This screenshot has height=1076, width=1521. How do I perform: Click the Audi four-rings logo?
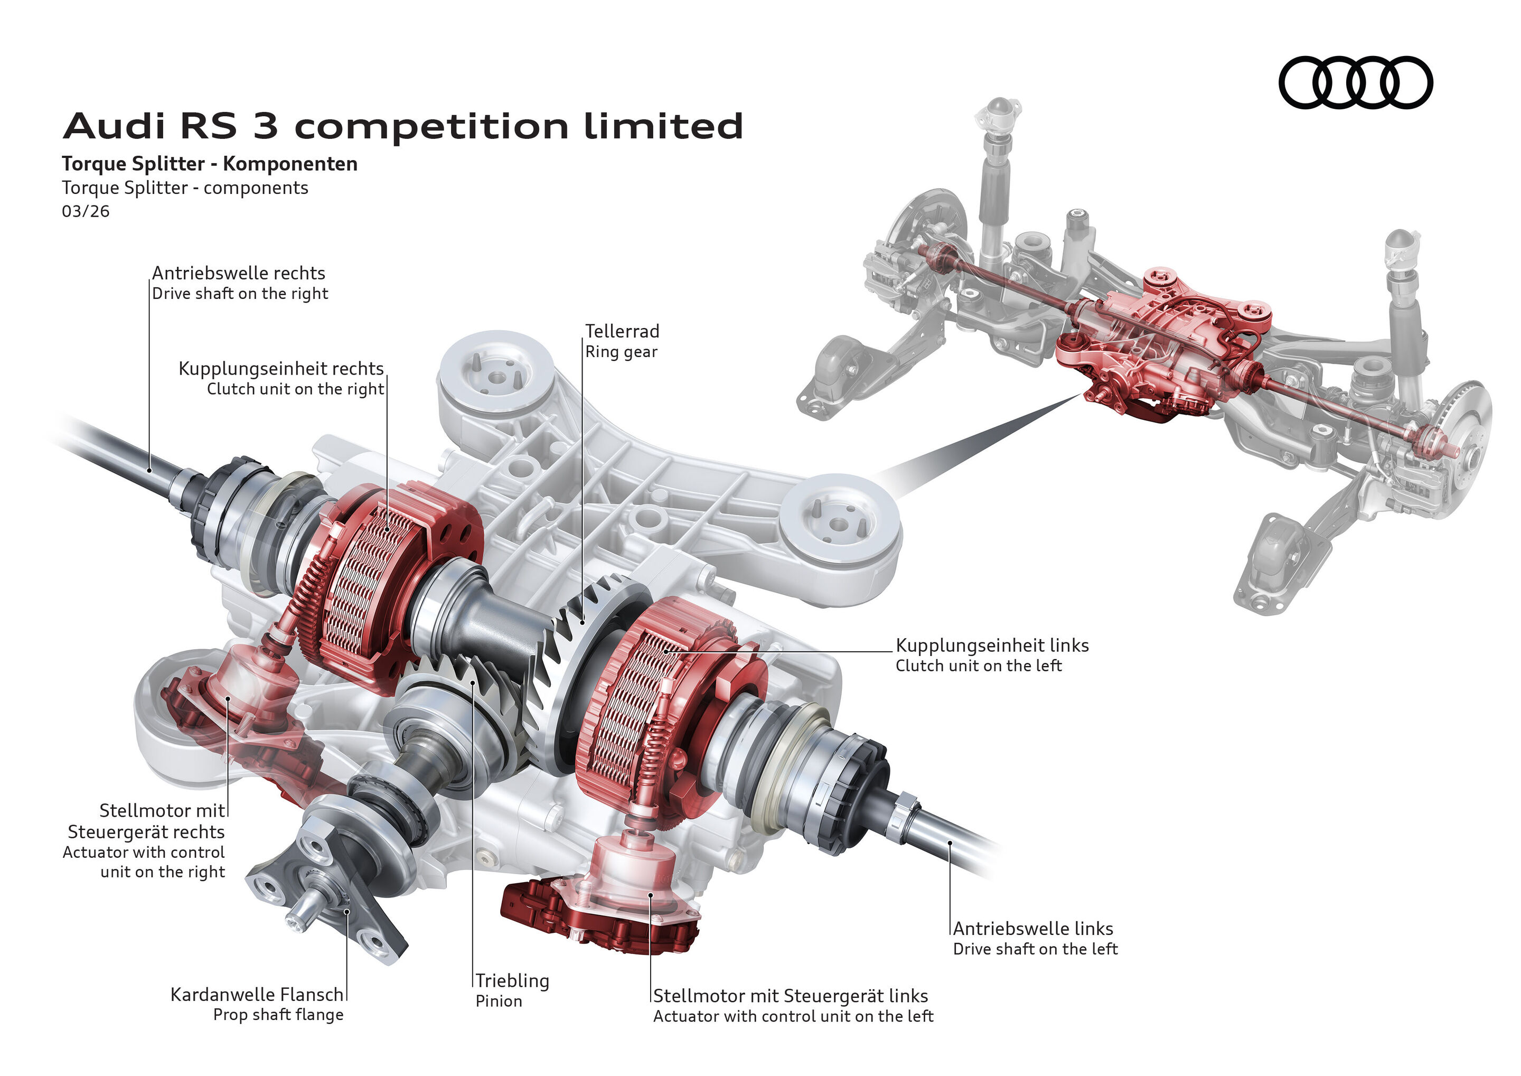(x=1355, y=83)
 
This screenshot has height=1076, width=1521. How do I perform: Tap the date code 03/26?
(x=86, y=211)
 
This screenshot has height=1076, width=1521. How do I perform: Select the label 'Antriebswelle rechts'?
(x=239, y=273)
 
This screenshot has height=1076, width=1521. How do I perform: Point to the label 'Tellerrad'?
(x=622, y=331)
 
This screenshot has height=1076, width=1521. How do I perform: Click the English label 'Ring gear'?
(x=621, y=352)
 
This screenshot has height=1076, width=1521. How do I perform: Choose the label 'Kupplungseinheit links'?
(x=992, y=645)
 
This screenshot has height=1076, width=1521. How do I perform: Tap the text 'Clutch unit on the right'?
(x=295, y=389)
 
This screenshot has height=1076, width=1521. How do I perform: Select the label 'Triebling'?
(x=512, y=980)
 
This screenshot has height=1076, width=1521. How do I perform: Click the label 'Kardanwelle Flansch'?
(x=257, y=995)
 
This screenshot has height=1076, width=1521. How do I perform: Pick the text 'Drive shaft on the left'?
(x=1035, y=949)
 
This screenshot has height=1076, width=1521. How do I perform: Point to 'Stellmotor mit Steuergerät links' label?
(x=790, y=996)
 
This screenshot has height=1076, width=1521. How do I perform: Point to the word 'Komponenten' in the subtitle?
(x=290, y=164)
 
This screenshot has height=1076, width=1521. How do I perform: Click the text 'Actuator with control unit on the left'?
(x=792, y=1016)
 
